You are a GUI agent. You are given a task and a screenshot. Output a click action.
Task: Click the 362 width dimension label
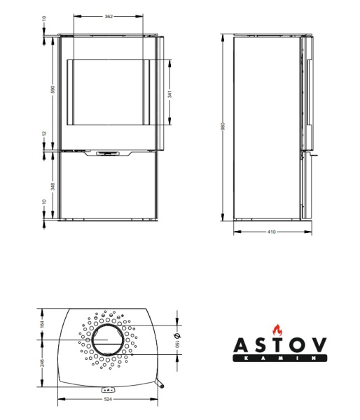(109, 17)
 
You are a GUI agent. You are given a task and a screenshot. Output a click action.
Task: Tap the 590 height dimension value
(53, 89)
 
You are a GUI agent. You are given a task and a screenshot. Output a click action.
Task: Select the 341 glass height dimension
(169, 94)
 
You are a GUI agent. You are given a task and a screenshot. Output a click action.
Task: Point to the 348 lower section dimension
(53, 186)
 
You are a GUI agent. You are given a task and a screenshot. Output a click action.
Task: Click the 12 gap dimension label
(44, 134)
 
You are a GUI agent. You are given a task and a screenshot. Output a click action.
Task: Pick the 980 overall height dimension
(223, 127)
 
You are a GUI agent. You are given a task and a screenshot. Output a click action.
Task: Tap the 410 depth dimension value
(272, 232)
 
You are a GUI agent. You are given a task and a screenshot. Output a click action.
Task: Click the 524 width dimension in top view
(107, 399)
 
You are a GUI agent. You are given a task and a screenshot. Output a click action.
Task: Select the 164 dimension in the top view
(42, 324)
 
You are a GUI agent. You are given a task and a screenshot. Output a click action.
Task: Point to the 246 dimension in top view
(42, 363)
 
